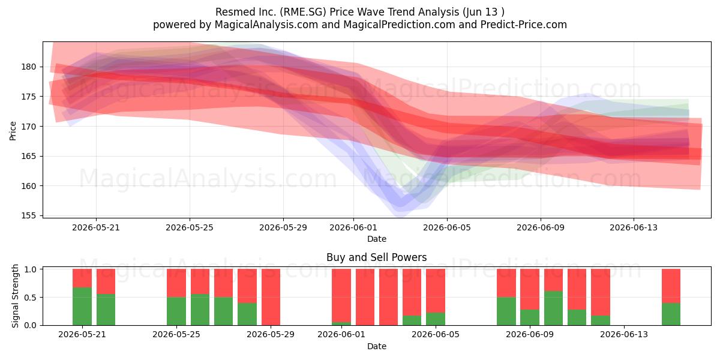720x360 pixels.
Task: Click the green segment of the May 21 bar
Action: (82, 306)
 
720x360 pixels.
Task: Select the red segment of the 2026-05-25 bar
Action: (176, 283)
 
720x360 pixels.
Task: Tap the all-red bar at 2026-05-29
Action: (271, 297)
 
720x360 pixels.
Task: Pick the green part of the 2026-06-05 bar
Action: (436, 319)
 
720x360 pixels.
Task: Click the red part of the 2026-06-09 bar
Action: (530, 289)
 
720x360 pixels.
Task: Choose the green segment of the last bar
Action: (671, 314)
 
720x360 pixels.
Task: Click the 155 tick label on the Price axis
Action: (29, 215)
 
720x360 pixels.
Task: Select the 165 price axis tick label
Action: (29, 156)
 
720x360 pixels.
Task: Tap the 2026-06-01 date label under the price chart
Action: (353, 227)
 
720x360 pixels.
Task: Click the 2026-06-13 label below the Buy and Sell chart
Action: (624, 335)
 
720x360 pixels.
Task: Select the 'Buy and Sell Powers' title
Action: (376, 257)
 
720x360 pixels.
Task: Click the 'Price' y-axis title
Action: (13, 131)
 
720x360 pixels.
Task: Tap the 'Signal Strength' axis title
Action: (15, 296)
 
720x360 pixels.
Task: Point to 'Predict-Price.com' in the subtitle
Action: (524, 25)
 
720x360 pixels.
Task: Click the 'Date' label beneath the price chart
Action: (377, 239)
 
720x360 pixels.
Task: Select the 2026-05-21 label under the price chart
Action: (96, 227)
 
